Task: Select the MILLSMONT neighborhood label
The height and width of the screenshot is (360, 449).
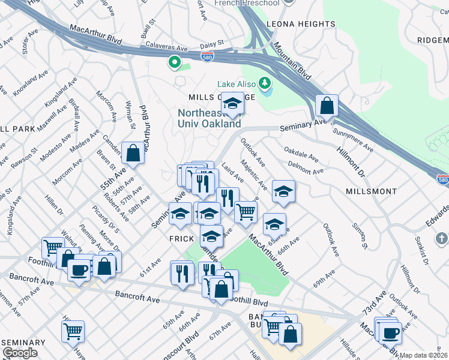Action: [x=371, y=191]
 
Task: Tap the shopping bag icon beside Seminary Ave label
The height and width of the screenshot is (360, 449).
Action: [x=326, y=106]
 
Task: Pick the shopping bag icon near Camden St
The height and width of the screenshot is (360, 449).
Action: [x=133, y=154]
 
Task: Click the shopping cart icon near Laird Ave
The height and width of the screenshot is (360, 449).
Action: [x=245, y=212]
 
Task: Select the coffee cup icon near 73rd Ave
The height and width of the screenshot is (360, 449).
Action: [x=390, y=333]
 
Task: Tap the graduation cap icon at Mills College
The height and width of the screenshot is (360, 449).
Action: [x=232, y=103]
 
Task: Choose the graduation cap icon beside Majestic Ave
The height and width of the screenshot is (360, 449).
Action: [x=283, y=191]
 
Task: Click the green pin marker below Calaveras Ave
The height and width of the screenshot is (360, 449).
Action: [x=175, y=62]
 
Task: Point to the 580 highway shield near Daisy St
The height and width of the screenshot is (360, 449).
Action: [x=207, y=56]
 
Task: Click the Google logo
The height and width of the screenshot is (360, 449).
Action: [x=20, y=353]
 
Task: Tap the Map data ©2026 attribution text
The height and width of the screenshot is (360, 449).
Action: [x=423, y=355]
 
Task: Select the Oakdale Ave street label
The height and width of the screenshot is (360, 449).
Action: [x=301, y=154]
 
